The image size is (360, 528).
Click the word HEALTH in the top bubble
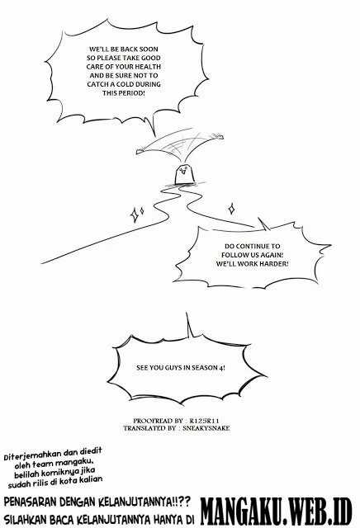point(148,67)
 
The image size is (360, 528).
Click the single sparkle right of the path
point(231,209)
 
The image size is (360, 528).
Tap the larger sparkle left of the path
point(135,215)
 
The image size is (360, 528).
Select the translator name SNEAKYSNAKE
point(206,428)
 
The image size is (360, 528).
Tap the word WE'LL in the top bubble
point(97,49)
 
